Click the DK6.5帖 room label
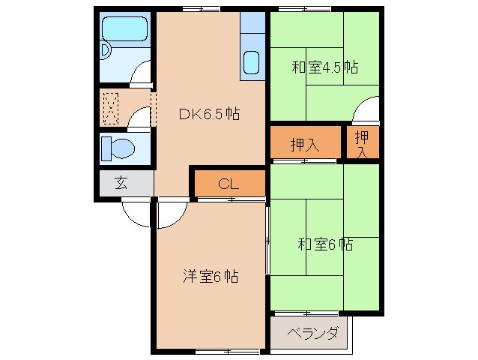pos(208,115)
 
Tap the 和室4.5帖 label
pos(324,67)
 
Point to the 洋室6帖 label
pos(210,277)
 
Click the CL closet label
pos(229,184)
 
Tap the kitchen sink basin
pos(252,63)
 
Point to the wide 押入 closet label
pos(305,145)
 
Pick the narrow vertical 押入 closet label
pos(362,143)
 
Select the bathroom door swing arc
pos(141,76)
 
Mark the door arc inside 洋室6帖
pos(170,214)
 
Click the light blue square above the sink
pos(253,22)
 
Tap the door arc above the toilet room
pos(139,118)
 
